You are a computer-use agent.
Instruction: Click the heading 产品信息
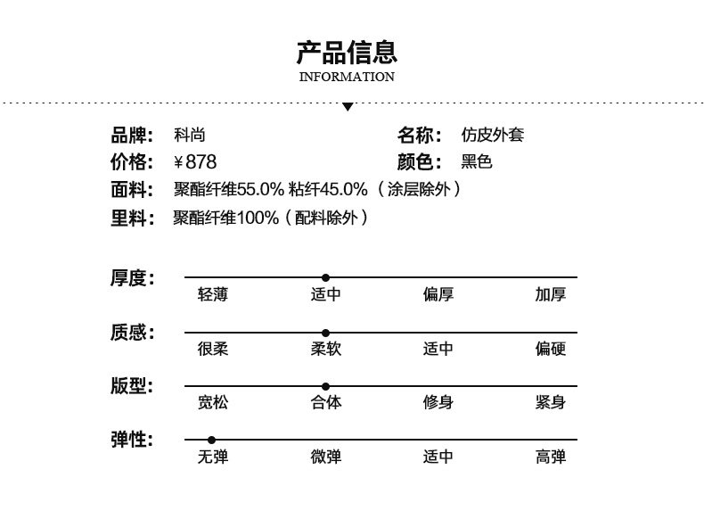347,52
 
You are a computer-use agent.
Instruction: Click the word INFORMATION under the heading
347,77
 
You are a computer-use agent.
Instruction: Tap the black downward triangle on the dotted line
347,107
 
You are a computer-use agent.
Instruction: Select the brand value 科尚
190,135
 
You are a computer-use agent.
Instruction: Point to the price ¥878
195,161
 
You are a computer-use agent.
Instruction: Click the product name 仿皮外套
493,135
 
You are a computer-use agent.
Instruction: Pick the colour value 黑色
477,161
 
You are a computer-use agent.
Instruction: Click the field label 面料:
132,189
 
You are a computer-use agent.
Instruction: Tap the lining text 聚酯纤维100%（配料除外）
271,218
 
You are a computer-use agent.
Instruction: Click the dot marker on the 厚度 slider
325,277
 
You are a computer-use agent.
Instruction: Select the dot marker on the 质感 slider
325,333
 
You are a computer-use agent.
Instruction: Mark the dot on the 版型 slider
325,386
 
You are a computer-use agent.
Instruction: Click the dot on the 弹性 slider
211,440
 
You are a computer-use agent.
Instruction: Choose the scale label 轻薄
213,295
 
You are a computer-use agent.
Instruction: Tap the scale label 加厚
551,295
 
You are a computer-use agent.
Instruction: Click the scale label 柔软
326,349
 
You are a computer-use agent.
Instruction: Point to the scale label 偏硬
551,349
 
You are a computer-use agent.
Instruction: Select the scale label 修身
438,402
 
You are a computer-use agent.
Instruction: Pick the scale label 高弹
551,457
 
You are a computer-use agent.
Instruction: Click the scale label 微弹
326,457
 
